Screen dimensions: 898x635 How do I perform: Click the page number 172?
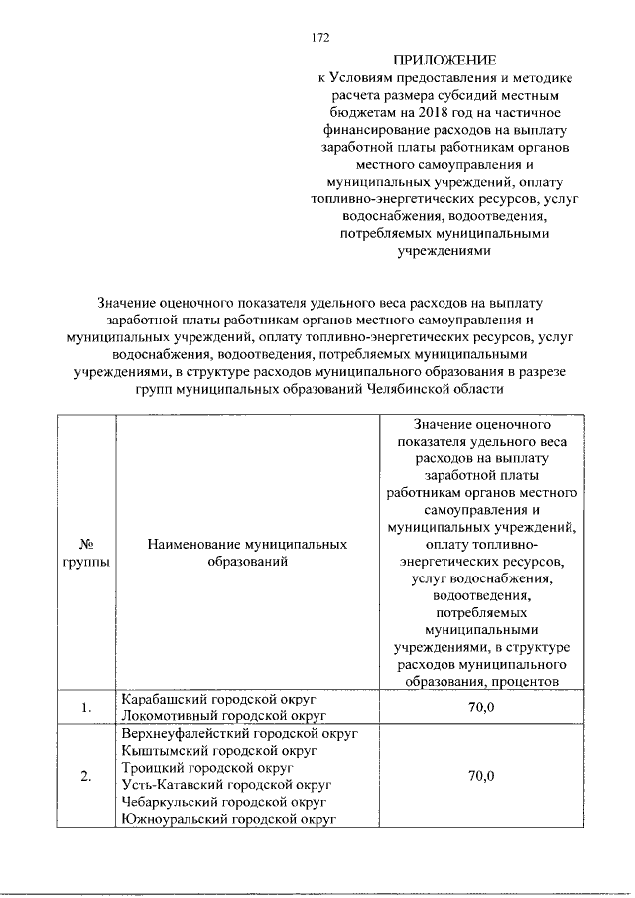[x=319, y=39]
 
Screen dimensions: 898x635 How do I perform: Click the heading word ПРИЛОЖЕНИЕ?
[x=444, y=60]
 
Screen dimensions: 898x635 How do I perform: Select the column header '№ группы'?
[x=86, y=554]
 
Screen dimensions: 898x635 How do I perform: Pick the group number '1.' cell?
[x=86, y=706]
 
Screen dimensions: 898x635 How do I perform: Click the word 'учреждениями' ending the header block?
[x=444, y=253]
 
